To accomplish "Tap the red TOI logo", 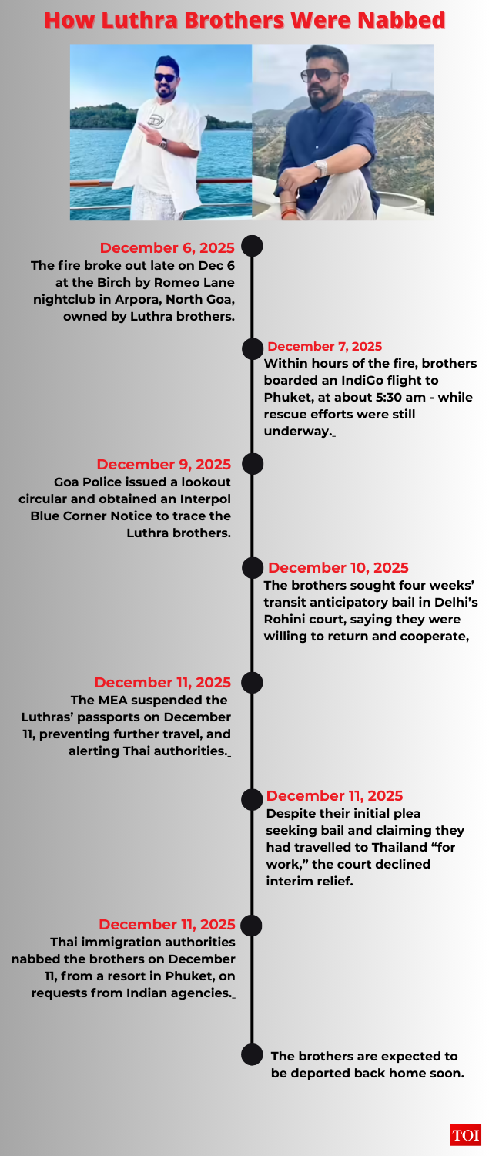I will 466,1135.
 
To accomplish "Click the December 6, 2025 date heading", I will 167,248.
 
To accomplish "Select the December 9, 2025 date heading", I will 163,465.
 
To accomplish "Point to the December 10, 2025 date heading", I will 338,568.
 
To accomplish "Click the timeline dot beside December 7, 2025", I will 252,348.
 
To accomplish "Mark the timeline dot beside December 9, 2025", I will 252,464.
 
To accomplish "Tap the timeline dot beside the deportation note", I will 252,1054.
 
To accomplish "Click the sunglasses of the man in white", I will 164,77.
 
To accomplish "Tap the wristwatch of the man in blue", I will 320,168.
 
